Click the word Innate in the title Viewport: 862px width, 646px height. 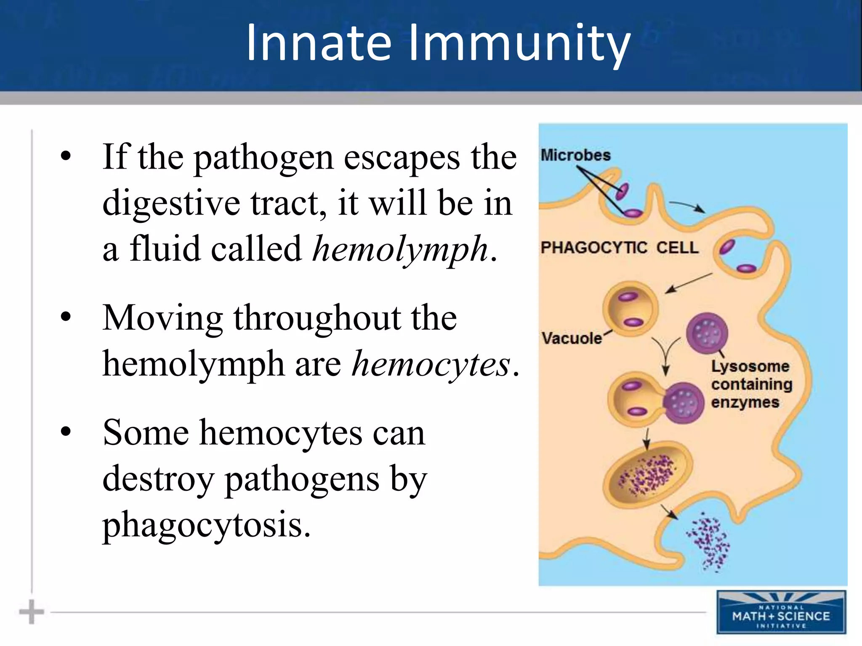tap(319, 43)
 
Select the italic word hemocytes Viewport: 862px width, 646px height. tap(431, 364)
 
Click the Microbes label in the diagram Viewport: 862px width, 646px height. tap(575, 155)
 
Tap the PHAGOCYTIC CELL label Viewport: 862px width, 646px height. tap(619, 248)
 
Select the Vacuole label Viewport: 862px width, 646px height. tap(572, 338)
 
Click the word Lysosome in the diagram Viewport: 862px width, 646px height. tap(750, 366)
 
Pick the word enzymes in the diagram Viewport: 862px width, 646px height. tap(745, 402)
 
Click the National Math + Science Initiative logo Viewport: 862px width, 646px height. tap(781, 612)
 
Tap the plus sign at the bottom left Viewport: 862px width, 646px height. tap(32, 612)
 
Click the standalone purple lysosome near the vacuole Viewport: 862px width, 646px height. tap(707, 334)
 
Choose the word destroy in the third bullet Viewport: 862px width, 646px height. tap(158, 479)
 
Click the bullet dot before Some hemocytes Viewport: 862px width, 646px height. tap(66, 432)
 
